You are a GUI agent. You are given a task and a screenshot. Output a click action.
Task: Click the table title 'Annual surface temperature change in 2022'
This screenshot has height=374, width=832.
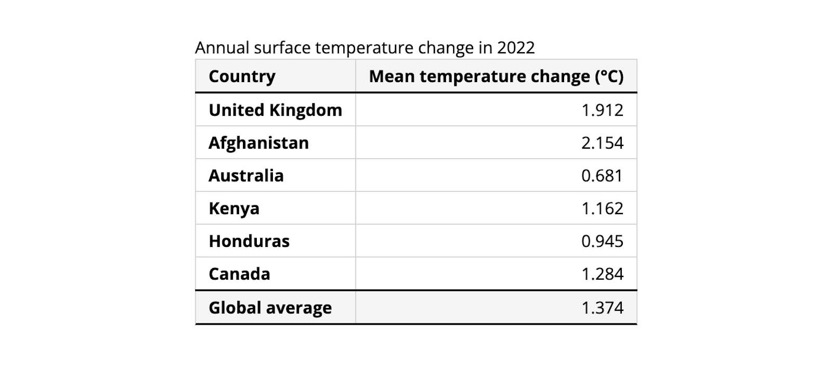point(365,48)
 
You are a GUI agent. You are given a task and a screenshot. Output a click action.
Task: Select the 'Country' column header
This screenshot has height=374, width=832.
point(242,77)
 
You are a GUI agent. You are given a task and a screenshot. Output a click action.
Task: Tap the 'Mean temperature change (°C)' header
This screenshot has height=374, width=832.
point(496,77)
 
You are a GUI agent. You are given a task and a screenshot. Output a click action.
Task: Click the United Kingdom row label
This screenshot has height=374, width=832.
point(275,110)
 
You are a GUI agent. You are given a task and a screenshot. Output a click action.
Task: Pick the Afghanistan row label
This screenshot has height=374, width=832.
point(258,143)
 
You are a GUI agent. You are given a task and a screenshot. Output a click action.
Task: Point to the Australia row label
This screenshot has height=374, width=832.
point(246,175)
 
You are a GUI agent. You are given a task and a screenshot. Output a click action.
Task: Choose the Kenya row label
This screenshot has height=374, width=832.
point(234,208)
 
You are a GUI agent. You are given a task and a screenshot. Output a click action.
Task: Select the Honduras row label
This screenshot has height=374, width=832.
point(249,241)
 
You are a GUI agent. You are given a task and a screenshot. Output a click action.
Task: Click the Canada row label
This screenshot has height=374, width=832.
point(239,274)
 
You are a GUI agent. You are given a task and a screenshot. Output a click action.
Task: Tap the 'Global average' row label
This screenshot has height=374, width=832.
point(270,307)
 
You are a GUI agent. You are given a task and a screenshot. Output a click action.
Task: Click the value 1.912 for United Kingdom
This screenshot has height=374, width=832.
point(602,110)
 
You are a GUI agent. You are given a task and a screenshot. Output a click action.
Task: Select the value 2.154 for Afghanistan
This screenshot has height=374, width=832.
point(602,143)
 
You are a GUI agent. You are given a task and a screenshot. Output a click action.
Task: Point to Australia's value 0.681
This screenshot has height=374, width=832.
point(602,175)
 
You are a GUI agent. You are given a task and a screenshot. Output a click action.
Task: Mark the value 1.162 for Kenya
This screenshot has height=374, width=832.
point(602,208)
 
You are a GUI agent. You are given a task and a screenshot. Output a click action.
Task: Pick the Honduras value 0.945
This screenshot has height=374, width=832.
point(602,241)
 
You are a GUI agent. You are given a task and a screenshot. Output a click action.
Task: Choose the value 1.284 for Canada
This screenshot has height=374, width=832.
point(602,274)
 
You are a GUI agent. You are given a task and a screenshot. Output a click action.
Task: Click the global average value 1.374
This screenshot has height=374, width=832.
point(602,307)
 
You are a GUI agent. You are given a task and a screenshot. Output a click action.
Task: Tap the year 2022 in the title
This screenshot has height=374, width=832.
point(516,48)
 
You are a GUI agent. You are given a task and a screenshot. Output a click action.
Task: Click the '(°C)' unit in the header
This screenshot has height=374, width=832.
point(608,77)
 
